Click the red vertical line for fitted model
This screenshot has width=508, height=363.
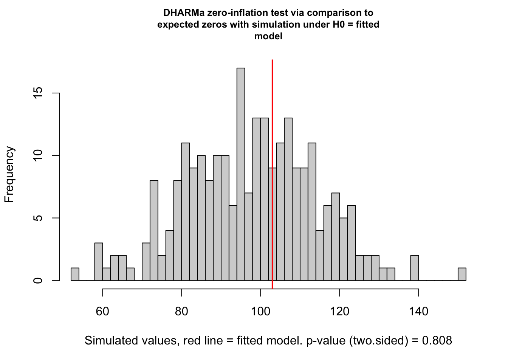(272, 170)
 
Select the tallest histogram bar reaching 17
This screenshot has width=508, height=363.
(241, 174)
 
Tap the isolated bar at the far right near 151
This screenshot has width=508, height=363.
(462, 275)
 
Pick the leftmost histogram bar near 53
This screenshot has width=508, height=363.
(75, 275)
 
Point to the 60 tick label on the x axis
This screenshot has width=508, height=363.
(102, 312)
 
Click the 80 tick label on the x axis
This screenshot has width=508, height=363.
(182, 312)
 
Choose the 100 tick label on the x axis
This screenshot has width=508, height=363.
(260, 312)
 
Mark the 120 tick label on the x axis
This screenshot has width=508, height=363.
(339, 312)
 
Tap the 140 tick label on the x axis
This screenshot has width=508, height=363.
(418, 312)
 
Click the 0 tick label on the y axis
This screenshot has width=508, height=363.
(38, 281)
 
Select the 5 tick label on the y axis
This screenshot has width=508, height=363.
(38, 218)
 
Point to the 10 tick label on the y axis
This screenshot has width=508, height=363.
(38, 155)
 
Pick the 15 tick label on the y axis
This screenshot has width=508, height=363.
(38, 93)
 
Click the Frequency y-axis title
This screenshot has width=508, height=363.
(9, 175)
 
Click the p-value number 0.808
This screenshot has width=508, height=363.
(437, 341)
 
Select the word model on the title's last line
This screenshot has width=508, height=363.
(268, 36)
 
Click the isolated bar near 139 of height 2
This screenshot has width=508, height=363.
(415, 268)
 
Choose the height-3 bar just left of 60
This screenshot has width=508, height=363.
(99, 262)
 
